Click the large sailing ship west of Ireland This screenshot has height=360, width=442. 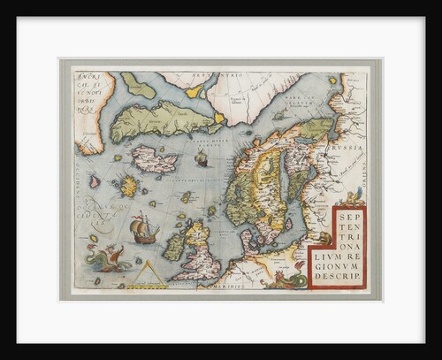coord(145,231)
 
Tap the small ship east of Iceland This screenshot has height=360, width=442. coord(201,159)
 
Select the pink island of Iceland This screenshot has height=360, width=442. coord(153,158)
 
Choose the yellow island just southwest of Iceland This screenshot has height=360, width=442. coord(130,187)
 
